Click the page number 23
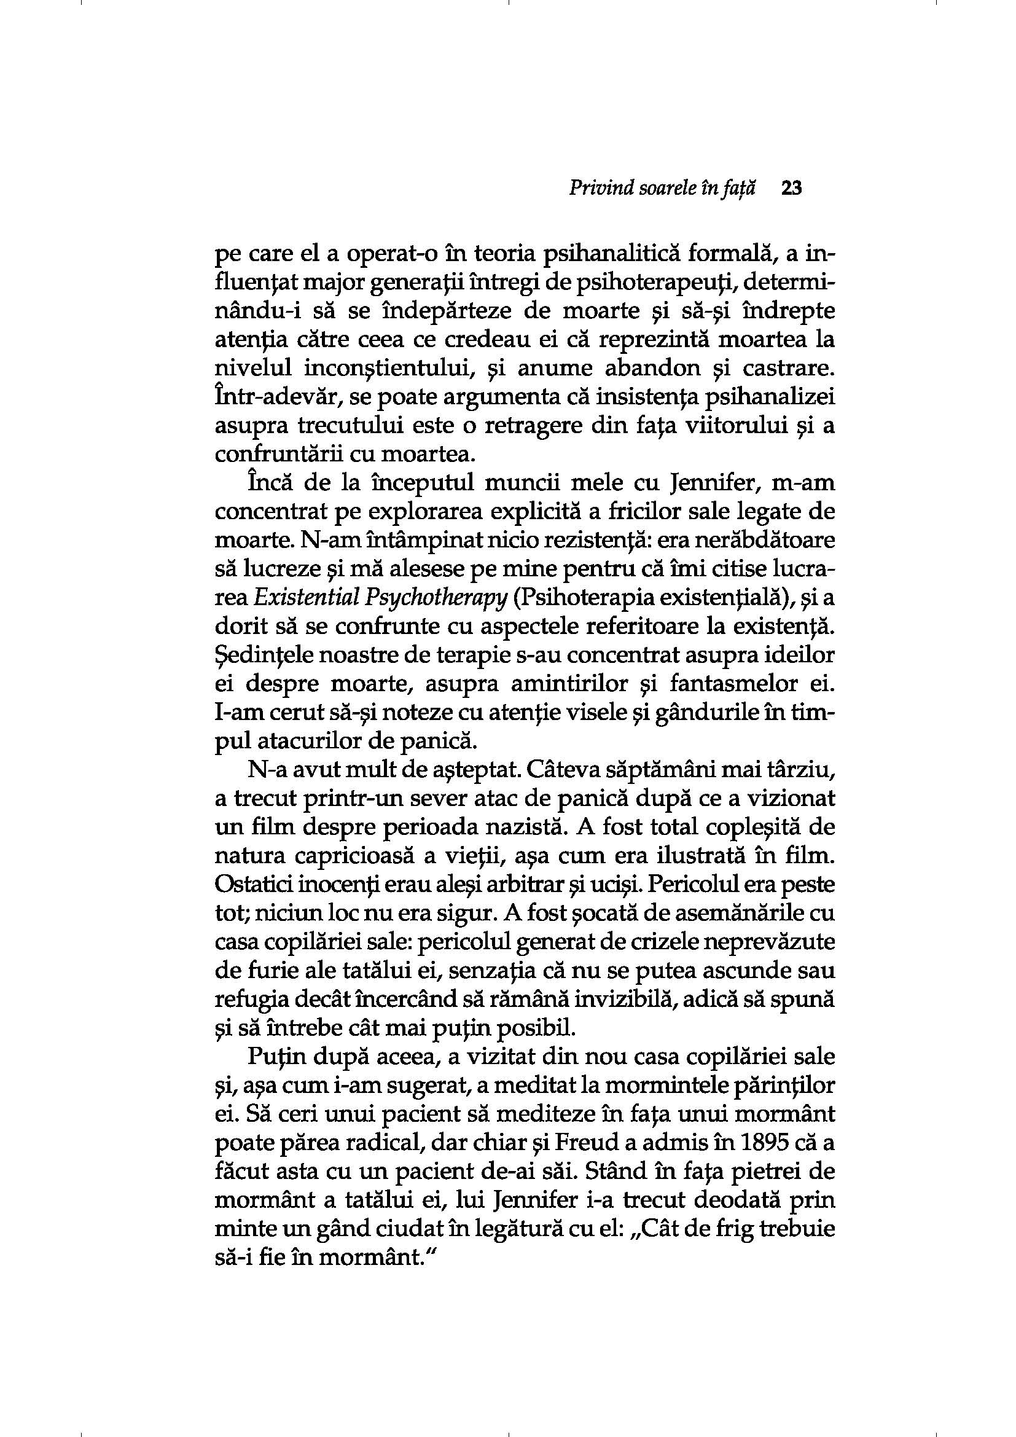pyautogui.click(x=791, y=189)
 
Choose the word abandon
pyautogui.click(x=651, y=370)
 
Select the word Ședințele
pyautogui.click(x=262, y=656)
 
